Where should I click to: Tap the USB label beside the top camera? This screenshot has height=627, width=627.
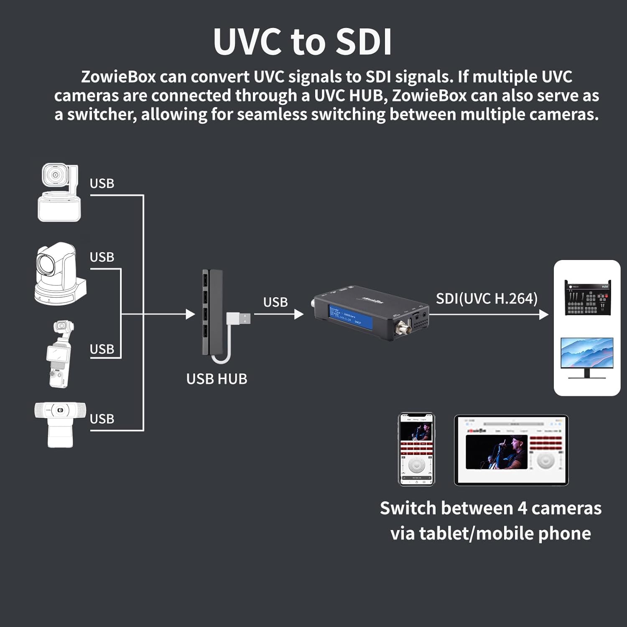[x=102, y=184]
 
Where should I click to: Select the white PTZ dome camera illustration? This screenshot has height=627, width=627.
[x=60, y=274]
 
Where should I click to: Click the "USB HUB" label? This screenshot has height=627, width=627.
[x=217, y=379]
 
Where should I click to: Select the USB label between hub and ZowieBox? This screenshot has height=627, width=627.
[x=275, y=302]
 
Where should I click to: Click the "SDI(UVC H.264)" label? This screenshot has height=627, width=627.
[x=487, y=298]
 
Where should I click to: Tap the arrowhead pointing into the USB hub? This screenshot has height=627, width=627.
[x=191, y=314]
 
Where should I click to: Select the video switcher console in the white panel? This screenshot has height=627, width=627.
[x=587, y=298]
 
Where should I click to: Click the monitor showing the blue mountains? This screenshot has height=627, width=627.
[x=587, y=357]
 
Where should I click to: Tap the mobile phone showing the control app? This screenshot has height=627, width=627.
[x=416, y=449]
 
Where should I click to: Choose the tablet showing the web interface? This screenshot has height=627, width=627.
[x=511, y=450]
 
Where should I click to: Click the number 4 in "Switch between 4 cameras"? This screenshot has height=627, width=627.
[x=522, y=509]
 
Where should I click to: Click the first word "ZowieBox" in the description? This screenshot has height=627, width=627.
[x=118, y=77]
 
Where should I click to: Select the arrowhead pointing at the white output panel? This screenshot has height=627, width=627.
[x=544, y=314]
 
